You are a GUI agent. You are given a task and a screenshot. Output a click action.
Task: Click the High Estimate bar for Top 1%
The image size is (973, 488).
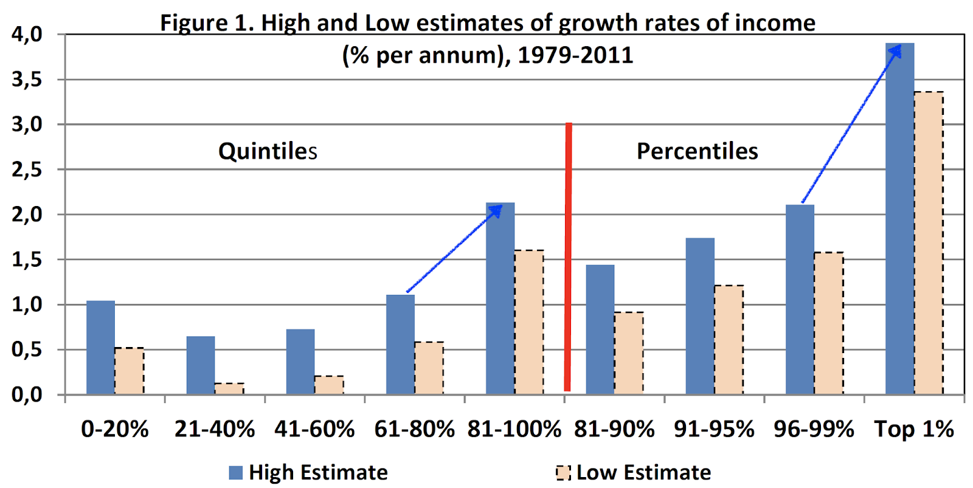click(x=899, y=219)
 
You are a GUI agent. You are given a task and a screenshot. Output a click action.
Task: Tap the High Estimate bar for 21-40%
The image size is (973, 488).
click(x=201, y=365)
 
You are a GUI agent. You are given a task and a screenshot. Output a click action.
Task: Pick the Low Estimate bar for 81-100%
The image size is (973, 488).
click(x=529, y=322)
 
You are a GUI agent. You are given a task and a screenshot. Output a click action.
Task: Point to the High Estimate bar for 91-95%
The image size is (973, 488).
click(x=700, y=316)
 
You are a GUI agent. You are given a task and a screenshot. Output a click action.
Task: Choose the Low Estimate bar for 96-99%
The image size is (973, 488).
click(x=829, y=323)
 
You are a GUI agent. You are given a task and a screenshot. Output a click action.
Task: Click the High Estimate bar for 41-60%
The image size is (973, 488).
click(x=300, y=362)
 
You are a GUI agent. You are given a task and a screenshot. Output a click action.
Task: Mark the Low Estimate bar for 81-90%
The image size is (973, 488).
click(x=629, y=353)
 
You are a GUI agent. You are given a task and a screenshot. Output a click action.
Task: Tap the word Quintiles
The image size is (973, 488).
click(x=268, y=151)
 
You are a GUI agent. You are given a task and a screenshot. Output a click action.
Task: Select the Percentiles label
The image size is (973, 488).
click(x=697, y=151)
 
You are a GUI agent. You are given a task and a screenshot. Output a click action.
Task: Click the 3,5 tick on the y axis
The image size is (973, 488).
click(x=27, y=80)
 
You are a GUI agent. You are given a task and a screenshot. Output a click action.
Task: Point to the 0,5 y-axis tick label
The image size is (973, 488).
click(x=27, y=349)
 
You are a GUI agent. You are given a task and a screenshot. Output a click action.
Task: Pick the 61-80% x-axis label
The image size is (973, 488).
click(x=414, y=429)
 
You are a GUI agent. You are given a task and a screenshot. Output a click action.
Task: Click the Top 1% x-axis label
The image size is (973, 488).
click(x=914, y=429)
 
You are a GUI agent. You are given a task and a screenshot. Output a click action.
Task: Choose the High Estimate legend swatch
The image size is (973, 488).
click(x=236, y=472)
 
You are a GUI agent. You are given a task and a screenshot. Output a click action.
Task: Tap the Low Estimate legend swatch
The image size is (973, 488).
click(x=563, y=472)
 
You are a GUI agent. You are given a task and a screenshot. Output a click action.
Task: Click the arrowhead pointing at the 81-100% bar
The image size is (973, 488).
click(x=496, y=210)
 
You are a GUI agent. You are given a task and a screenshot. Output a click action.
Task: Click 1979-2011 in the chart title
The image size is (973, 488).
click(x=575, y=55)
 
